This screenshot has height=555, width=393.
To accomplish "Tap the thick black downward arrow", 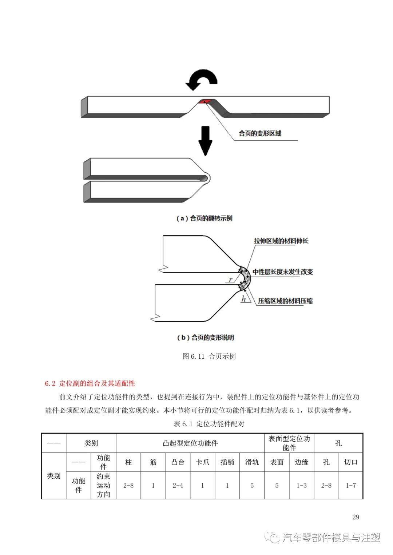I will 206,140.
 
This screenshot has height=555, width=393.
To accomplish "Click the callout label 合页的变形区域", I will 260,133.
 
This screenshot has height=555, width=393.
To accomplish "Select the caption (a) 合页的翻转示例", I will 204,218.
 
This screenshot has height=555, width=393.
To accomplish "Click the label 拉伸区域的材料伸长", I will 281,241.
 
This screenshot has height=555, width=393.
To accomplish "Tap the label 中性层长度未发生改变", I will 283,272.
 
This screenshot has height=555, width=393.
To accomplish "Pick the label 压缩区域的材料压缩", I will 285,301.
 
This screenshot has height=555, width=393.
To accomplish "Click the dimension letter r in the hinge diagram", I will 230,279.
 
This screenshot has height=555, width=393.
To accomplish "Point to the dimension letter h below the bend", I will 244,299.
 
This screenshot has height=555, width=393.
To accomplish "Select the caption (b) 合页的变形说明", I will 205,338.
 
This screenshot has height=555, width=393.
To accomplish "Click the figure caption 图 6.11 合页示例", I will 209,357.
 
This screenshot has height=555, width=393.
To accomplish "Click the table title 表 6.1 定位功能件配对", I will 209,424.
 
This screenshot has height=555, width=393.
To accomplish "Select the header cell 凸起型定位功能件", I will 190,443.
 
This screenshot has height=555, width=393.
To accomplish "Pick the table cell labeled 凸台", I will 178,462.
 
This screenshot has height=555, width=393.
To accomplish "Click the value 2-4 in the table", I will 178,486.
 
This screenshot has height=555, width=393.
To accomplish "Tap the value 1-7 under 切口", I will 351,486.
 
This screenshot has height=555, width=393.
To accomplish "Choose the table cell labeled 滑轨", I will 252,462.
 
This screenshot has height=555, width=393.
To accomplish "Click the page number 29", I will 356,517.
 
